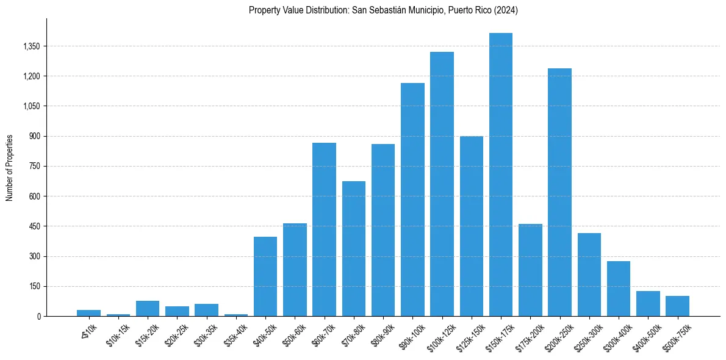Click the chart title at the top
(383, 10)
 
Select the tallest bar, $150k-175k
(501, 175)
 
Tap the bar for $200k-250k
(559, 192)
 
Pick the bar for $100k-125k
(442, 184)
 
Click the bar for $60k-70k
(324, 229)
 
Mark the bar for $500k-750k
(677, 306)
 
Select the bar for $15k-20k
(148, 308)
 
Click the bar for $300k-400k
(619, 289)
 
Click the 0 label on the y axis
(38, 316)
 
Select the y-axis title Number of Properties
(10, 168)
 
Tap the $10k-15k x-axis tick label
(117, 335)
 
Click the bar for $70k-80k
(354, 248)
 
